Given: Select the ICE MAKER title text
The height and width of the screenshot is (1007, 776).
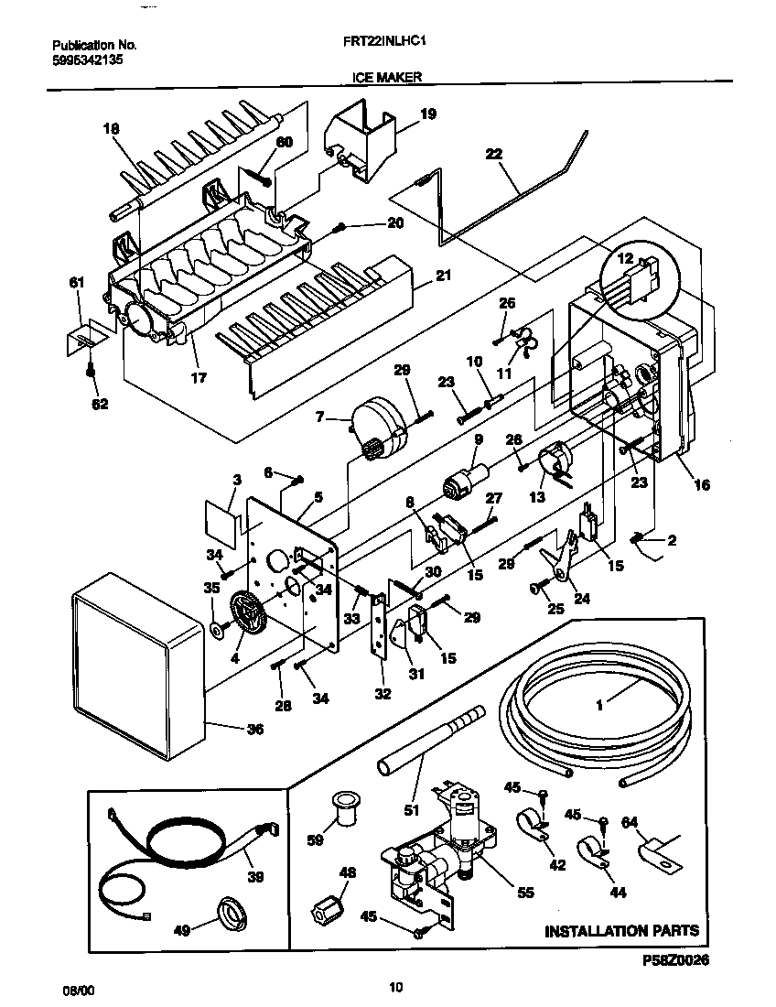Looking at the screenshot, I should [x=386, y=78].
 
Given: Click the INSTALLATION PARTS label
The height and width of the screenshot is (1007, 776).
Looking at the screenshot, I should [x=621, y=931].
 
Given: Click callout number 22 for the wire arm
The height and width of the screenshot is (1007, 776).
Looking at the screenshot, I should [x=494, y=155].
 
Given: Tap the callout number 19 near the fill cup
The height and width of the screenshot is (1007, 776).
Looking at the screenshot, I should [x=427, y=114].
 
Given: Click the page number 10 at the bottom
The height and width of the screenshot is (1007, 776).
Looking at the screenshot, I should [x=394, y=986].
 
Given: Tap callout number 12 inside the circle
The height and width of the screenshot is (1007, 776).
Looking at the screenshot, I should [x=625, y=259].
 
